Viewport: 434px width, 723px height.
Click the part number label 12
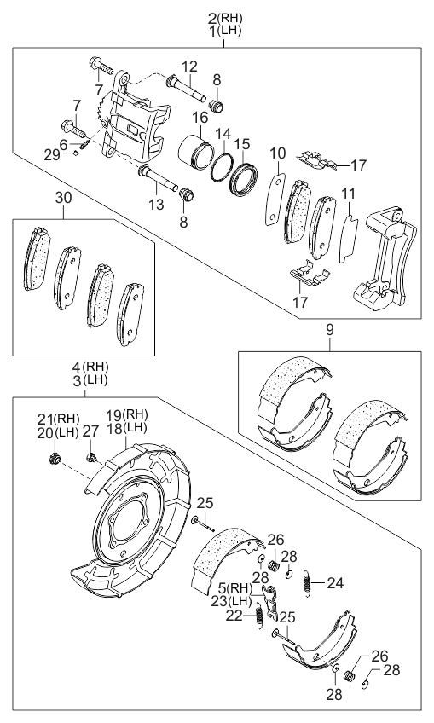coord(188,66)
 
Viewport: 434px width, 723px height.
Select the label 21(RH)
coord(58,419)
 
